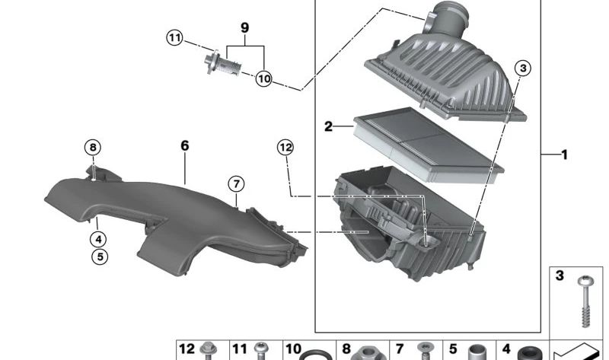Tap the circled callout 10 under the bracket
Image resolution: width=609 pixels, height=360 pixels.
click(x=263, y=78)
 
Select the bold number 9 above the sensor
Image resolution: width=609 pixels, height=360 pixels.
click(x=244, y=28)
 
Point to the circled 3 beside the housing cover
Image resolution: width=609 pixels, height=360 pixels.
click(x=522, y=68)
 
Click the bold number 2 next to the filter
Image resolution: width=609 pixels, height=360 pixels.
click(x=328, y=126)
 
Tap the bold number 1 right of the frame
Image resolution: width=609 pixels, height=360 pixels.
click(x=564, y=155)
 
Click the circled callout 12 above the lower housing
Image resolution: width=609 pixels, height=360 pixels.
click(x=285, y=148)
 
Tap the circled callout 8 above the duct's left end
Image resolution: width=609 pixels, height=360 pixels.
click(x=92, y=147)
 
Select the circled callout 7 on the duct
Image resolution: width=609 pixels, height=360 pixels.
click(x=236, y=183)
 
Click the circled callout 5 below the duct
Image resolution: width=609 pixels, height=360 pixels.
click(x=100, y=256)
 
